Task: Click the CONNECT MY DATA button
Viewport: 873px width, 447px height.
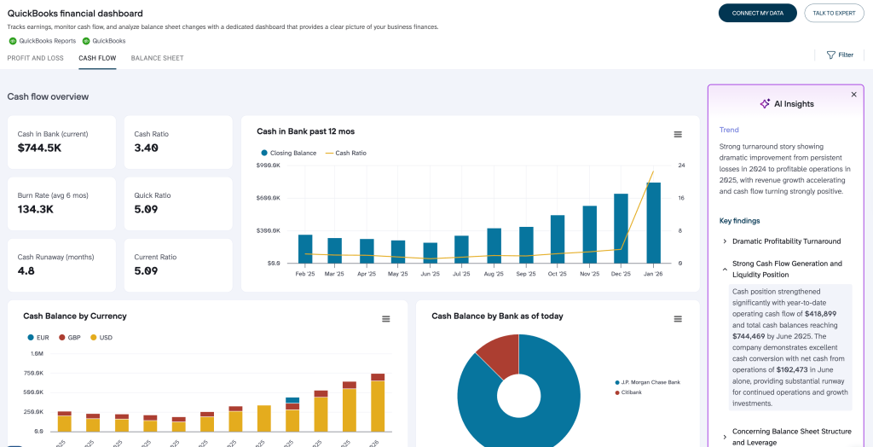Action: click(x=757, y=13)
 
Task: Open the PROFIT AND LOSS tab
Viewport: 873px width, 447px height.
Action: click(x=35, y=58)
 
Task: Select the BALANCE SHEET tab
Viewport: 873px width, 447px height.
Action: click(x=157, y=58)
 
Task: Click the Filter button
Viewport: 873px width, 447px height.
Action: click(x=840, y=55)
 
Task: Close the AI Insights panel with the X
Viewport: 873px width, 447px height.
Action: click(x=853, y=95)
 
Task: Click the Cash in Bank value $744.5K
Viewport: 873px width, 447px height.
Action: click(x=40, y=148)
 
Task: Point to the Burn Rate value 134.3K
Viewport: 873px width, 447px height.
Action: click(x=36, y=209)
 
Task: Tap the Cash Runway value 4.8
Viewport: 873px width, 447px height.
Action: click(x=26, y=270)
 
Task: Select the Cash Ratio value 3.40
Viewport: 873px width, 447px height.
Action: click(x=146, y=148)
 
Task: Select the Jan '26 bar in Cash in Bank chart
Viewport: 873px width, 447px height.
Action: click(x=653, y=223)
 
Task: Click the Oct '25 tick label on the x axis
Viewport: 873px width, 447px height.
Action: click(x=558, y=275)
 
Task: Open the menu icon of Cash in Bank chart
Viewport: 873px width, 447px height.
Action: click(x=678, y=134)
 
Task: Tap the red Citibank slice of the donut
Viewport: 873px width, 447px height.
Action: click(x=496, y=354)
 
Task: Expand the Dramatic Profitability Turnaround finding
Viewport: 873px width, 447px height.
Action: click(x=786, y=241)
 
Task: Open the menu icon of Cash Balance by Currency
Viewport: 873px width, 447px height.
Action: click(x=385, y=318)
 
